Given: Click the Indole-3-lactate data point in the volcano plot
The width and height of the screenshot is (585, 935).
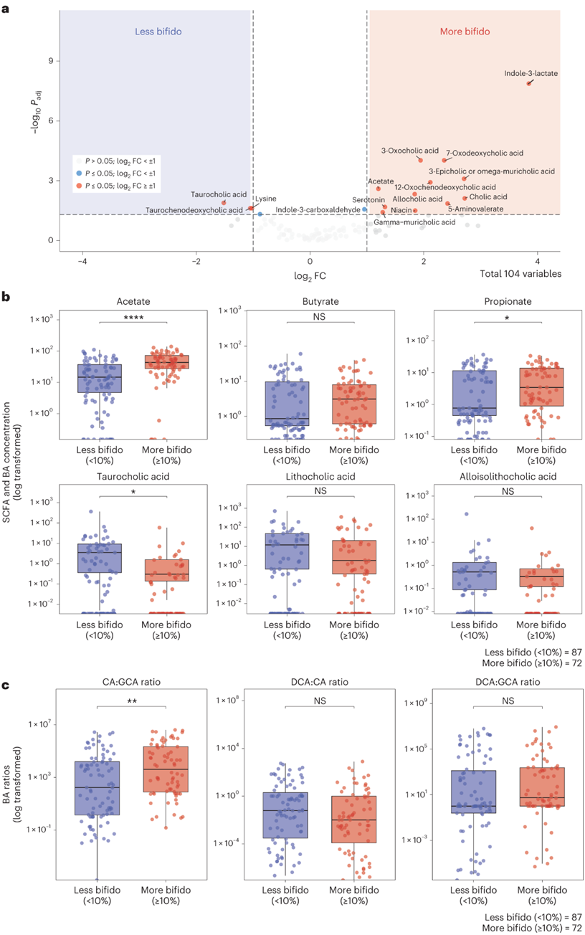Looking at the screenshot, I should click(x=529, y=83).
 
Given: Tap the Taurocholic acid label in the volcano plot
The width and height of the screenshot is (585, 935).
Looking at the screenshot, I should click(x=219, y=194).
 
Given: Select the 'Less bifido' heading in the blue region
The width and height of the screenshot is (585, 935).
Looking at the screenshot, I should click(x=158, y=32).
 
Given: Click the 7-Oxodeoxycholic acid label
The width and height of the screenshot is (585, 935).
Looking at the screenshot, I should click(x=485, y=153).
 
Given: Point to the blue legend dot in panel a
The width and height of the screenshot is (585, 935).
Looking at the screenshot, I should click(x=79, y=174).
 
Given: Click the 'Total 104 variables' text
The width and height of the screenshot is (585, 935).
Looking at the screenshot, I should click(x=520, y=274).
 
